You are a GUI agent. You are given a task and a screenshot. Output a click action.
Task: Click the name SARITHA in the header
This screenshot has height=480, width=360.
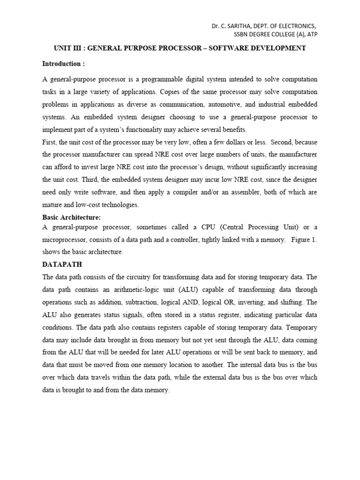[x=238, y=26]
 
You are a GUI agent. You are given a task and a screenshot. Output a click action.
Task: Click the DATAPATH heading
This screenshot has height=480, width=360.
[x=62, y=264]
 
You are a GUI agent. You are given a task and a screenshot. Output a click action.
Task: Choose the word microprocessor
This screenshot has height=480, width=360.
[x=66, y=240]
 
